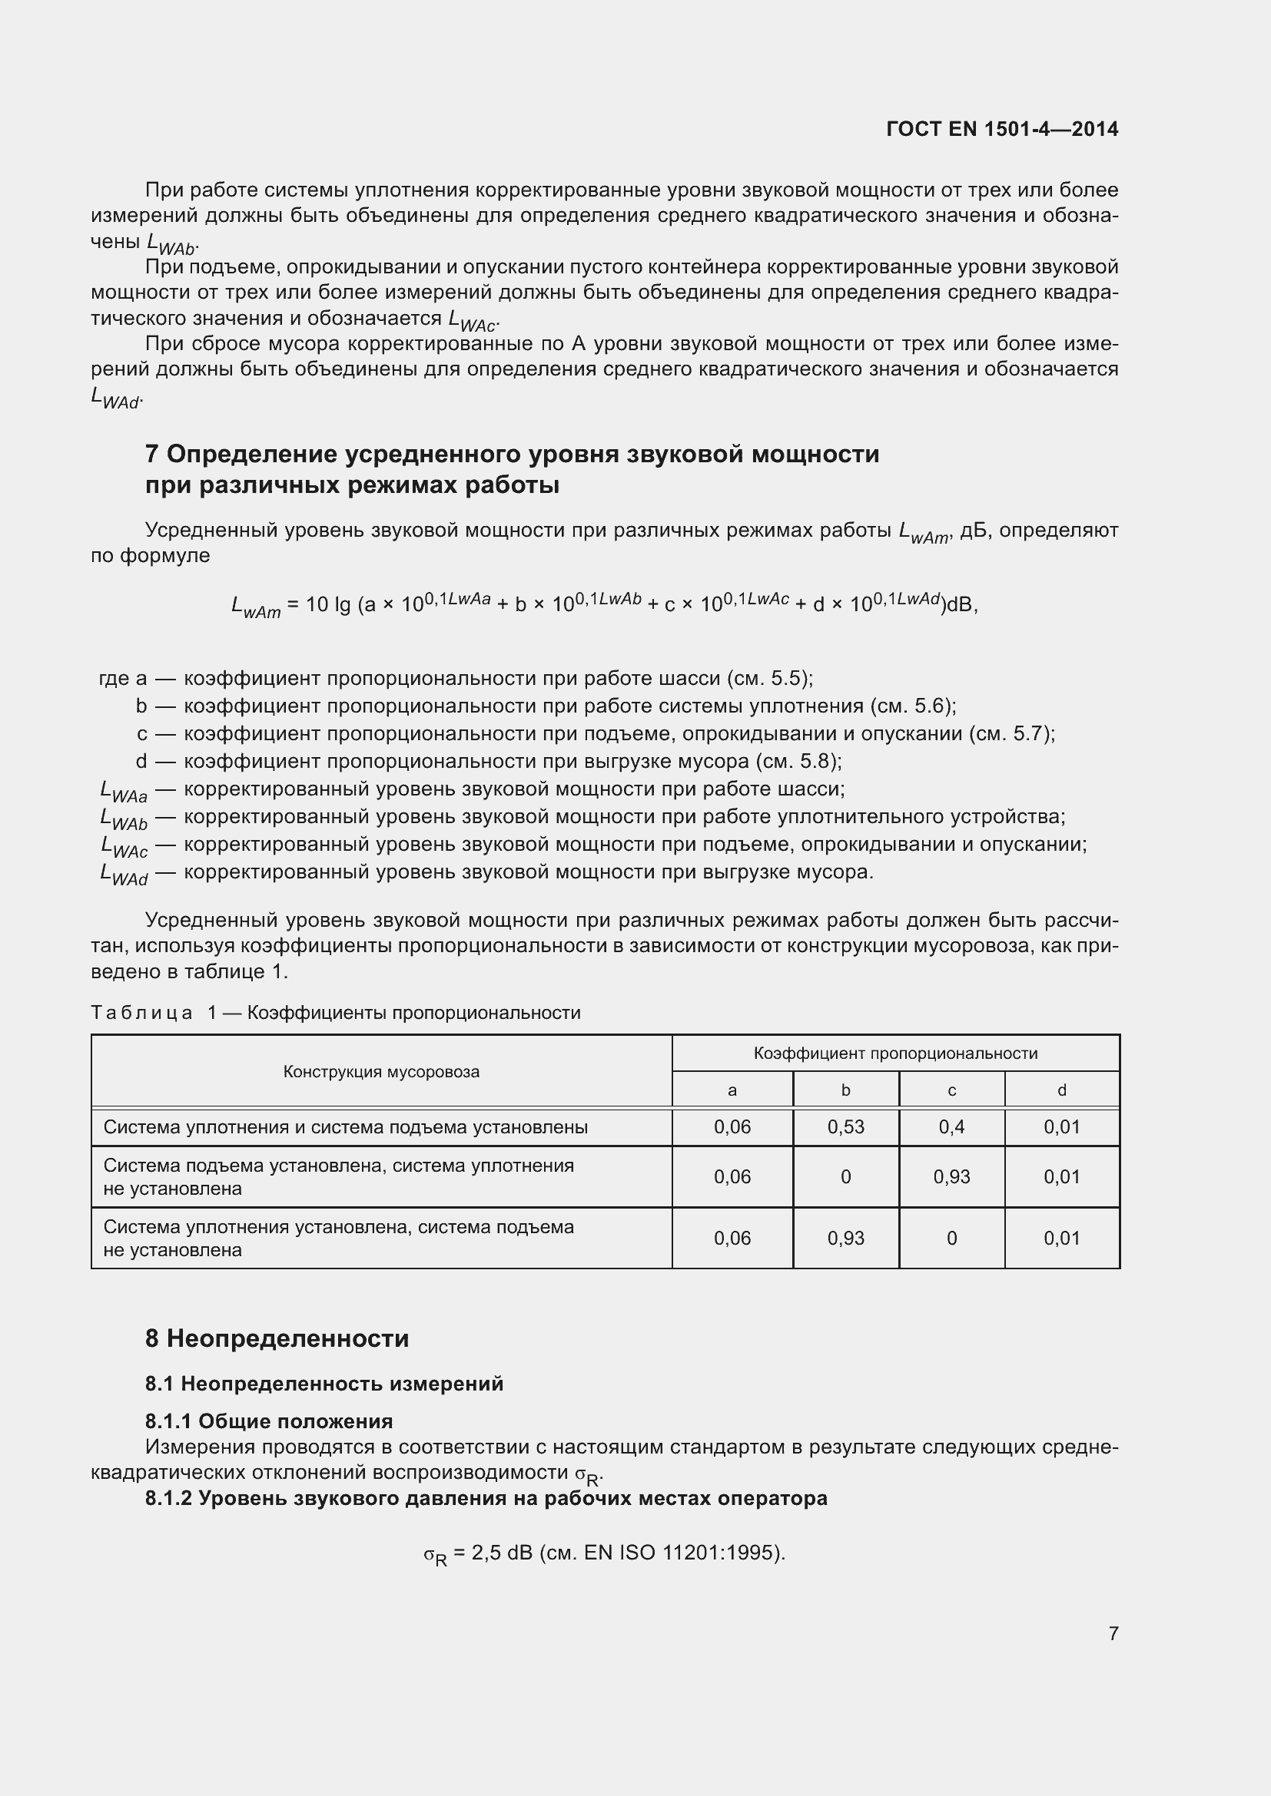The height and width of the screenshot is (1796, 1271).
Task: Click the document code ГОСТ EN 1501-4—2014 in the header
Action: click(x=1002, y=129)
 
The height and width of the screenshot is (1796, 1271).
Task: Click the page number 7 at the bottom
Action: click(x=1113, y=1632)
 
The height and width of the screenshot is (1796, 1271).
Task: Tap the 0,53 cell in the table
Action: click(x=845, y=1126)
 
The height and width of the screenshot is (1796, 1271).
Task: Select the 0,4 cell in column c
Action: click(x=951, y=1126)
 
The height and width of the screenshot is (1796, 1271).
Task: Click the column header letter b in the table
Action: click(x=845, y=1090)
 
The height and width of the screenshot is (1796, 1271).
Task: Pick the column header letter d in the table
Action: click(x=1061, y=1090)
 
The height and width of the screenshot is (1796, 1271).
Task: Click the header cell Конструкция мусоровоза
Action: click(x=381, y=1072)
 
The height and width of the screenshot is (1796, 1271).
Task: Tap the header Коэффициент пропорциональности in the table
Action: click(x=895, y=1053)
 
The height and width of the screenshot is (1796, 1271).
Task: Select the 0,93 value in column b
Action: click(x=845, y=1238)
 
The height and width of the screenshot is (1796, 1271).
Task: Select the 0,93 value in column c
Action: click(x=951, y=1176)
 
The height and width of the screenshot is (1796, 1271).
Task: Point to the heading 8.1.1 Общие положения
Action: click(x=268, y=1421)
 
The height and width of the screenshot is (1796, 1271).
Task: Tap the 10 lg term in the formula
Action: click(x=328, y=604)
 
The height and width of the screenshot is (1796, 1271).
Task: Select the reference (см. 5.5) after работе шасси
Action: click(x=769, y=678)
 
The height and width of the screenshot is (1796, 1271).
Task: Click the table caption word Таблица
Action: click(x=141, y=1013)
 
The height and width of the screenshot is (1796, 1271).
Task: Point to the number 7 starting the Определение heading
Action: click(x=152, y=455)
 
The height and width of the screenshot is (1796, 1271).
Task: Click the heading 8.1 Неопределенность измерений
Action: click(x=324, y=1383)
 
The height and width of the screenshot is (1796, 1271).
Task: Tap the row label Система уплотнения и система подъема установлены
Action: click(x=345, y=1127)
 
